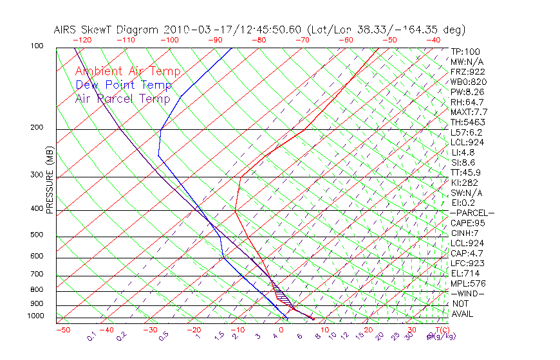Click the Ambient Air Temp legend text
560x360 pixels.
(x=127, y=71)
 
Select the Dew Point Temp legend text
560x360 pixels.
(x=123, y=85)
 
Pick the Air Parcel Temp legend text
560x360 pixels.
(x=122, y=98)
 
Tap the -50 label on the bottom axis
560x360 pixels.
(x=62, y=330)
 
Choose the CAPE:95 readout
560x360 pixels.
(x=467, y=223)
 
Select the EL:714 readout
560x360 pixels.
(x=465, y=273)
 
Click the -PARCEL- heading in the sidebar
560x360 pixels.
(x=472, y=213)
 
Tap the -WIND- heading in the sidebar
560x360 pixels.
(x=467, y=293)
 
